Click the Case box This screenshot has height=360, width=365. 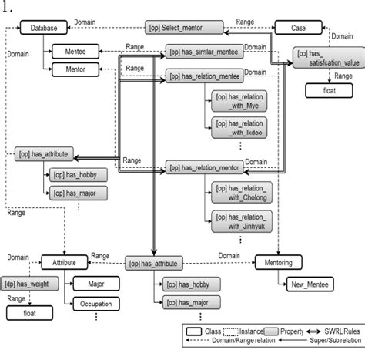[x=299, y=29]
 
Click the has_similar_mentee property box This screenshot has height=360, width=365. [x=202, y=52]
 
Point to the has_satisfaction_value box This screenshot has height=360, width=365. [x=328, y=58]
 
